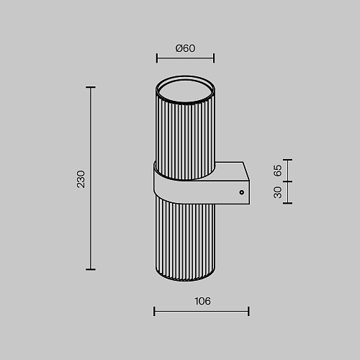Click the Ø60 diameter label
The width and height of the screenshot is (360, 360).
point(185,48)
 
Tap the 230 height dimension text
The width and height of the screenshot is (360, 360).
point(81,179)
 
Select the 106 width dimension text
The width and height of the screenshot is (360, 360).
point(202,301)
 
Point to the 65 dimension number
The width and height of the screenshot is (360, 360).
point(278,171)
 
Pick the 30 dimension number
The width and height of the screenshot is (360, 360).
point(278,192)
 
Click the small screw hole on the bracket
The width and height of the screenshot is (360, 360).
point(242,192)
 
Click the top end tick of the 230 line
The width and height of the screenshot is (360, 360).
point(91,87)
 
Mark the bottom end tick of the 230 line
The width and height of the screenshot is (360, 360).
point(91,269)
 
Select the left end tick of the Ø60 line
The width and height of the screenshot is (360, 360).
point(157,58)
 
